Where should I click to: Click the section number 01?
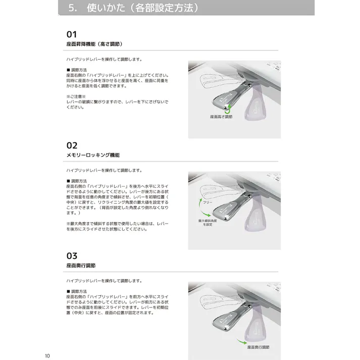[x=72, y=34]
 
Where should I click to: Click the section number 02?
[x=72, y=145]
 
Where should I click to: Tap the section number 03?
[x=72, y=255]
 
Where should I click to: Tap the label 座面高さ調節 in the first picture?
[x=221, y=117]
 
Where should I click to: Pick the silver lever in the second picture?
[x=222, y=207]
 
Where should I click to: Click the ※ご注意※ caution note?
[x=77, y=96]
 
